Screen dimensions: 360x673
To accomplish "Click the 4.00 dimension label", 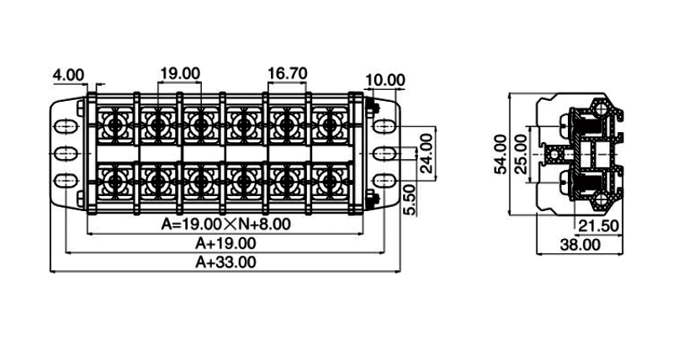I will [68, 75].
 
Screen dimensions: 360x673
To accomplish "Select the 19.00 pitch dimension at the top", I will [180, 73].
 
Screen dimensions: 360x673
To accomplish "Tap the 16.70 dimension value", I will [287, 73].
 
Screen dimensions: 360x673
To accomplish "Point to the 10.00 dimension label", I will [386, 81].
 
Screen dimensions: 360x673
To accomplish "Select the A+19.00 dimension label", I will [225, 243].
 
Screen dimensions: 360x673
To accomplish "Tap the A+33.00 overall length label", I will [225, 262].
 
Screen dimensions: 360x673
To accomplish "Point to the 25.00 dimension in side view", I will [522, 153].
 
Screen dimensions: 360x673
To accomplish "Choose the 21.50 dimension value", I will [598, 226].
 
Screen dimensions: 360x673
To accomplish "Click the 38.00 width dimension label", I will [580, 245].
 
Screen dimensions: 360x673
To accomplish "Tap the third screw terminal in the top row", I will [199, 126].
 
